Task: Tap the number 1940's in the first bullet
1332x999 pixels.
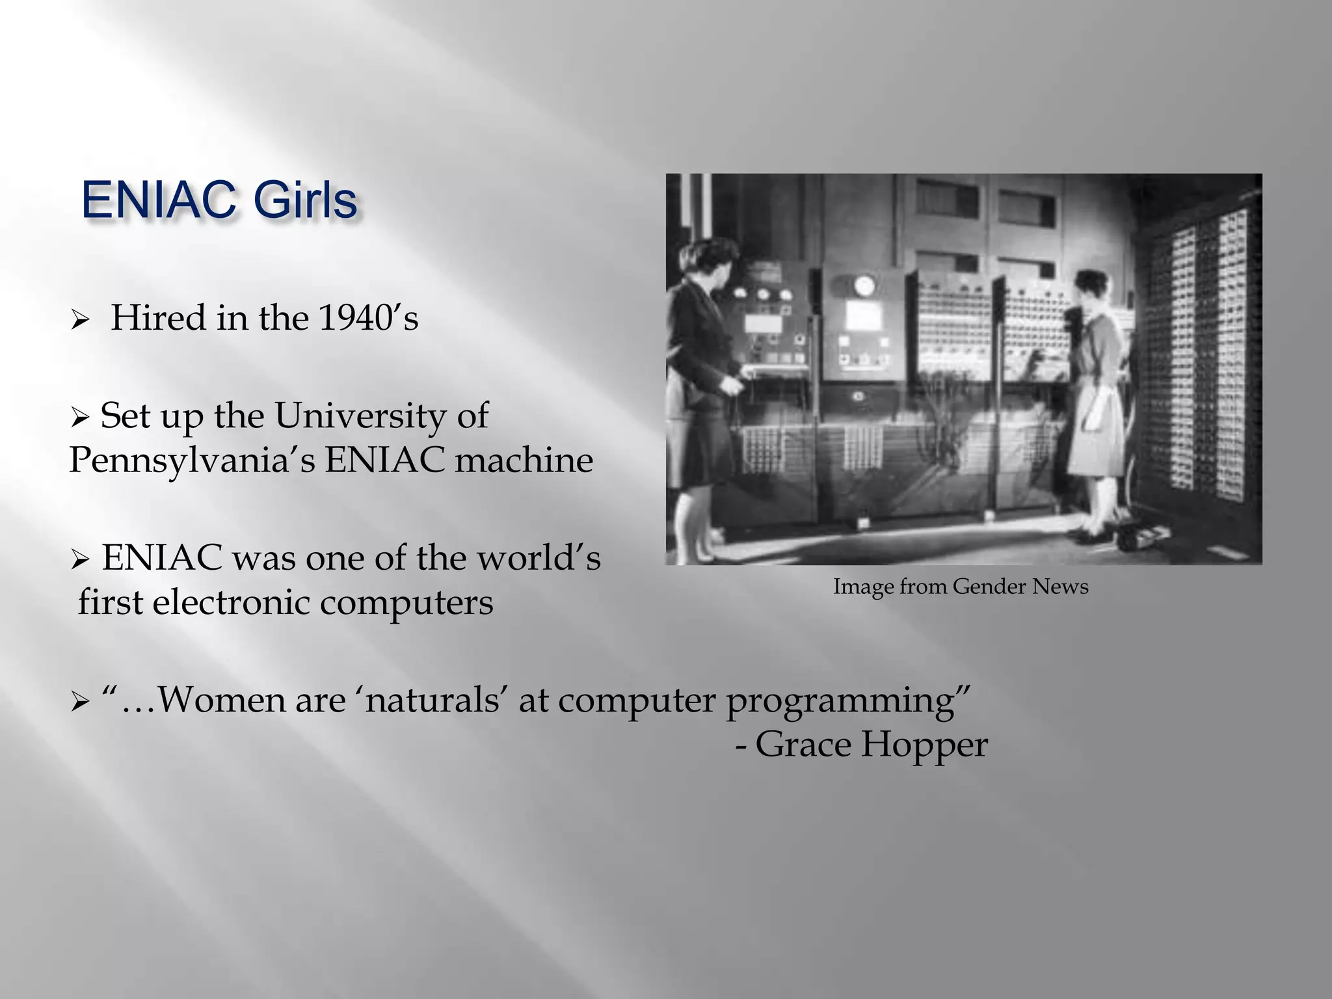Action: pyautogui.click(x=368, y=318)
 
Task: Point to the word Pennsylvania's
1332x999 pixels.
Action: pyautogui.click(x=191, y=461)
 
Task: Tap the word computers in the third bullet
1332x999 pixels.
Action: pyautogui.click(x=406, y=604)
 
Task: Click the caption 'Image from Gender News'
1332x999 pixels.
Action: pyautogui.click(x=961, y=587)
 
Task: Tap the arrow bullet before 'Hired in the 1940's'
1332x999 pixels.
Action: pyautogui.click(x=79, y=320)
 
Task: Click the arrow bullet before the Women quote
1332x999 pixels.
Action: pyautogui.click(x=79, y=702)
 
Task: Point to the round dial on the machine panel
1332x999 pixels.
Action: pyautogui.click(x=864, y=285)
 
